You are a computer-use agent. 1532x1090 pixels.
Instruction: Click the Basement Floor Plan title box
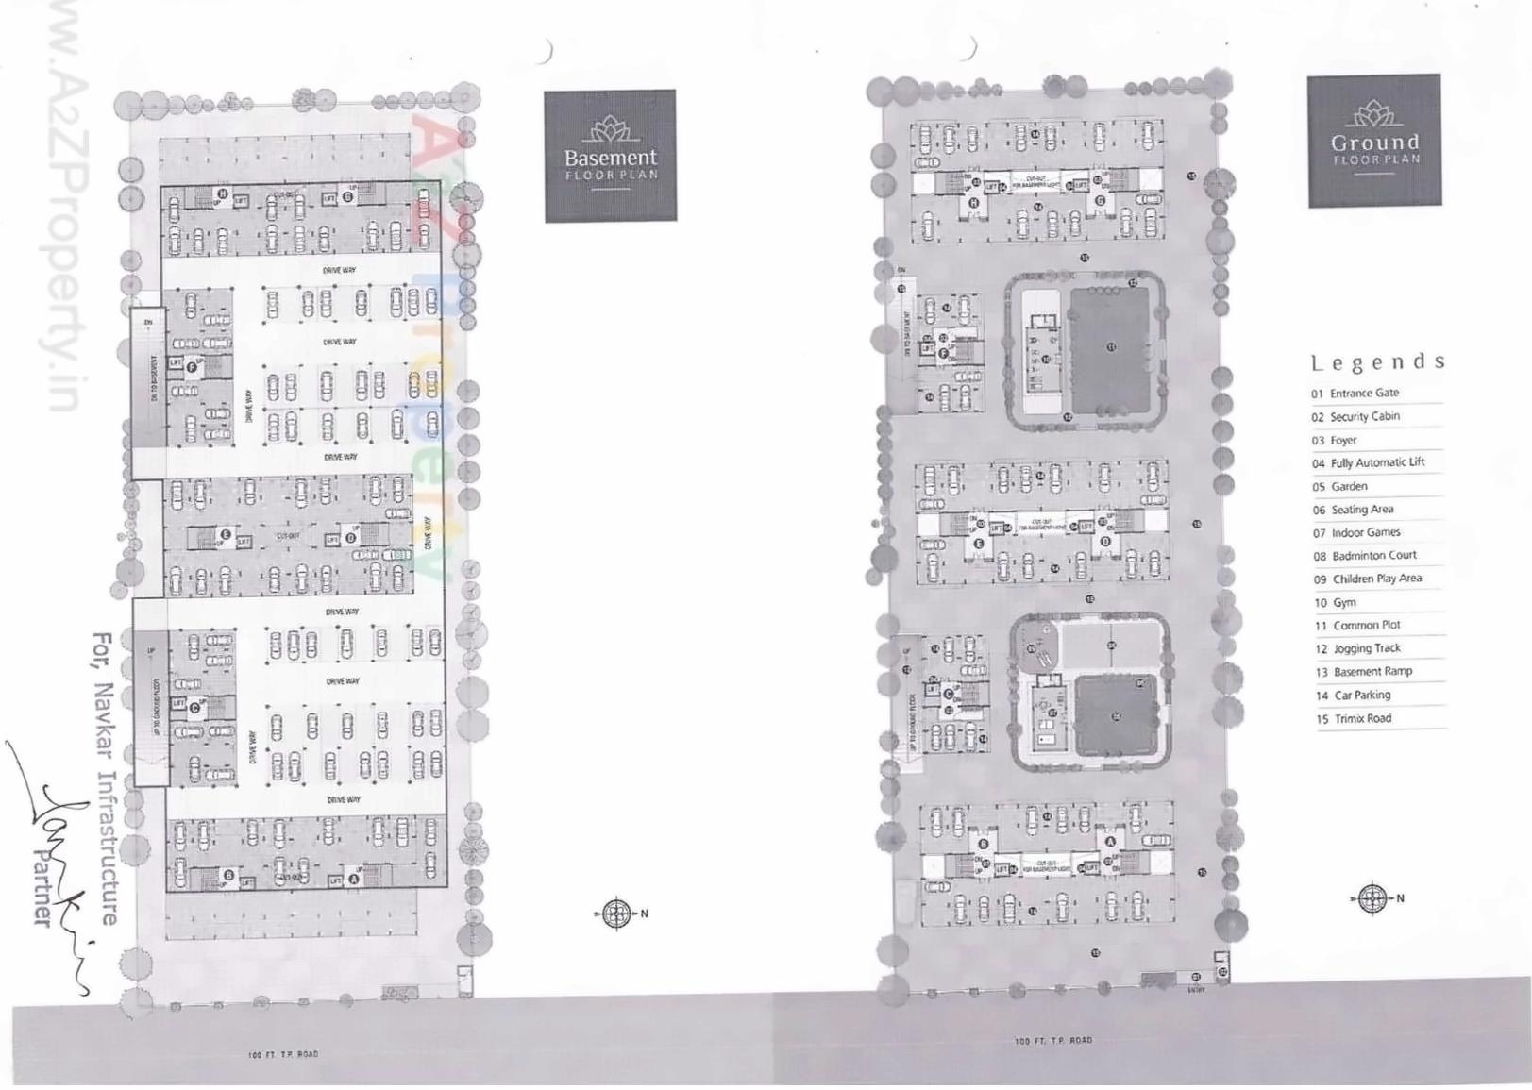coord(610,156)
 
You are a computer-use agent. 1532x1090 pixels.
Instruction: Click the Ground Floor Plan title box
coord(1374,141)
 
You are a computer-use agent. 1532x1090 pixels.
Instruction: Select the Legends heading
coord(1377,362)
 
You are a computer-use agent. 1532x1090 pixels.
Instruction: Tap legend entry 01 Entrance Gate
coord(1355,393)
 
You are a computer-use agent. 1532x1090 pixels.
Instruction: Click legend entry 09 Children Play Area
coord(1368,579)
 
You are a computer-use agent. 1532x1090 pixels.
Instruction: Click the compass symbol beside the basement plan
coord(617,914)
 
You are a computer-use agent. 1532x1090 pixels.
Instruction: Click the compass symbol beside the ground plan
coord(1373,898)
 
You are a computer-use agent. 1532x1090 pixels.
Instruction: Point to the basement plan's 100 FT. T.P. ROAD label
coord(283,1054)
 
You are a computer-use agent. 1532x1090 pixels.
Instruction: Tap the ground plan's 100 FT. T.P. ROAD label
coord(1053,1040)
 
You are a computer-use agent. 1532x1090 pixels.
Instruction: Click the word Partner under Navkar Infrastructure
coord(42,887)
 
